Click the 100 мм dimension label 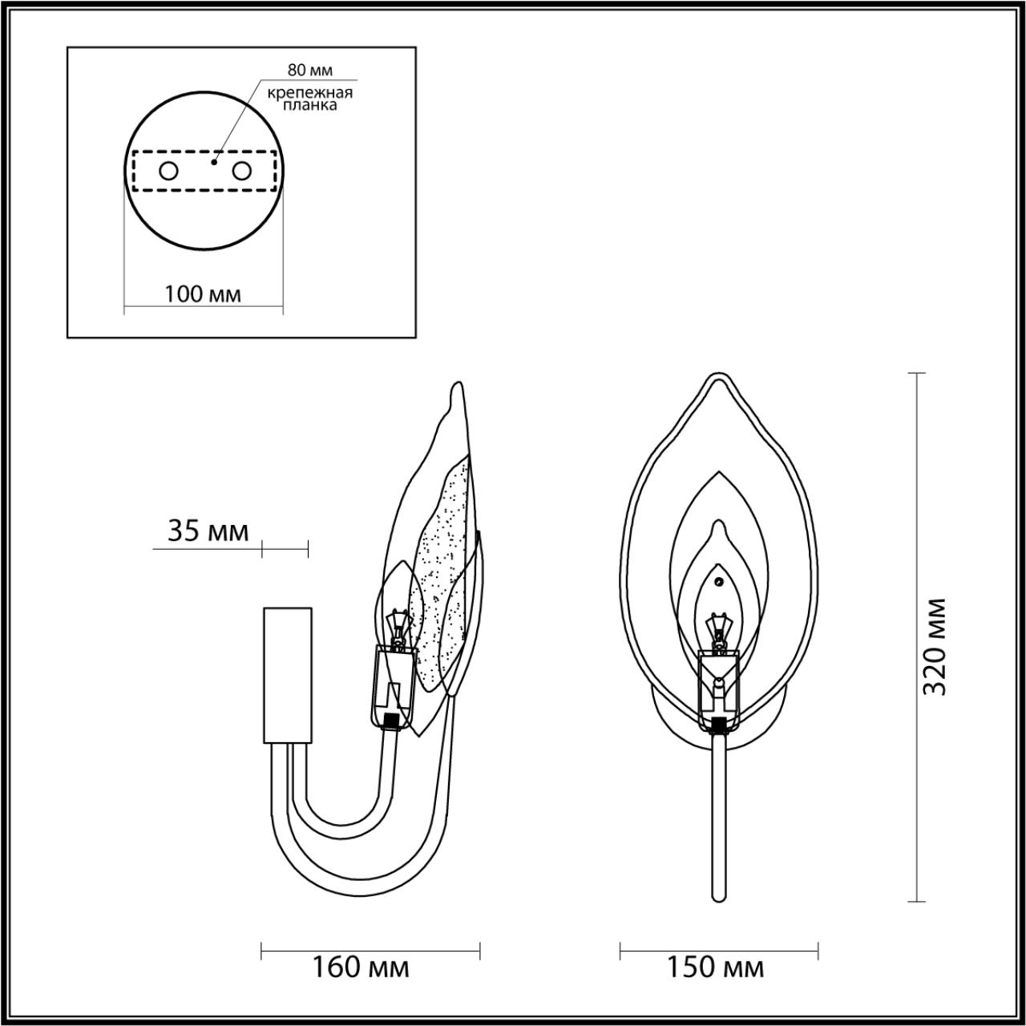203,293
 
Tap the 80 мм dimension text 309,71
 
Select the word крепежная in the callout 309,91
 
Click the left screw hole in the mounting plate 169,170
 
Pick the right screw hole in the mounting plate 241,170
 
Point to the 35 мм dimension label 208,531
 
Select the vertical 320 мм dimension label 935,646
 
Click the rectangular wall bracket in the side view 287,676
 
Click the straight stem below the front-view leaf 718,818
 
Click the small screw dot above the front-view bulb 719,582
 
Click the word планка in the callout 309,105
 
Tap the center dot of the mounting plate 212,161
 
